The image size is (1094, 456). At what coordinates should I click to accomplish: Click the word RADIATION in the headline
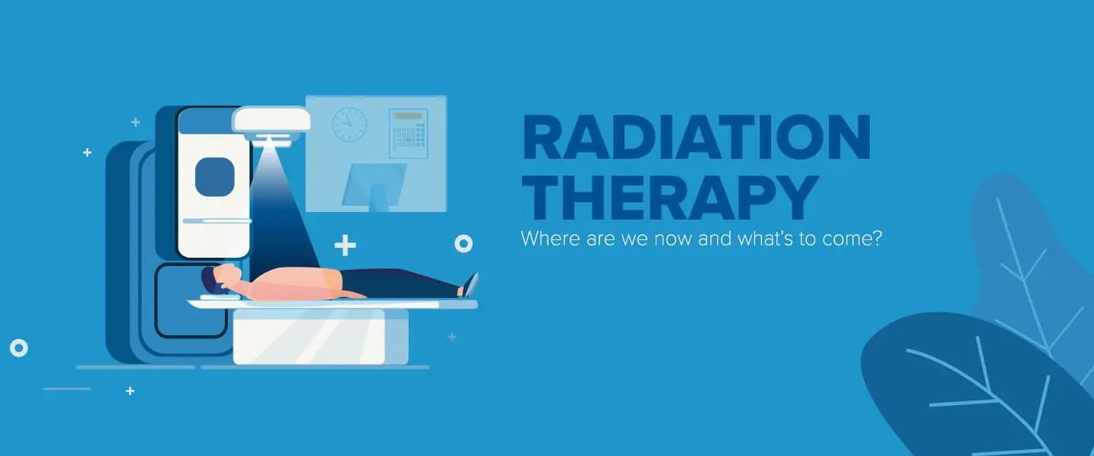point(696,139)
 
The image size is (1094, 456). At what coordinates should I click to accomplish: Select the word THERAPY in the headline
point(669,198)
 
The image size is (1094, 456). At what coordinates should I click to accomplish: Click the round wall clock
point(349,123)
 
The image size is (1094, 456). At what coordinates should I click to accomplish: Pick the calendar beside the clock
point(408,132)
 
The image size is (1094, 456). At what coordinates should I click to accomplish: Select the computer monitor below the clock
point(374,185)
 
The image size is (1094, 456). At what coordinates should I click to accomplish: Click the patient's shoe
point(470,284)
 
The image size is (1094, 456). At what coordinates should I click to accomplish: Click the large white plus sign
point(345,245)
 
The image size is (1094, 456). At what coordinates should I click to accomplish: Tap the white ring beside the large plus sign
point(463,244)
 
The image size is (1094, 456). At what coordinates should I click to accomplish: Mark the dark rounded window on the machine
point(214,177)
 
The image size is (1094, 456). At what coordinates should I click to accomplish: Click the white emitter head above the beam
point(271,120)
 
